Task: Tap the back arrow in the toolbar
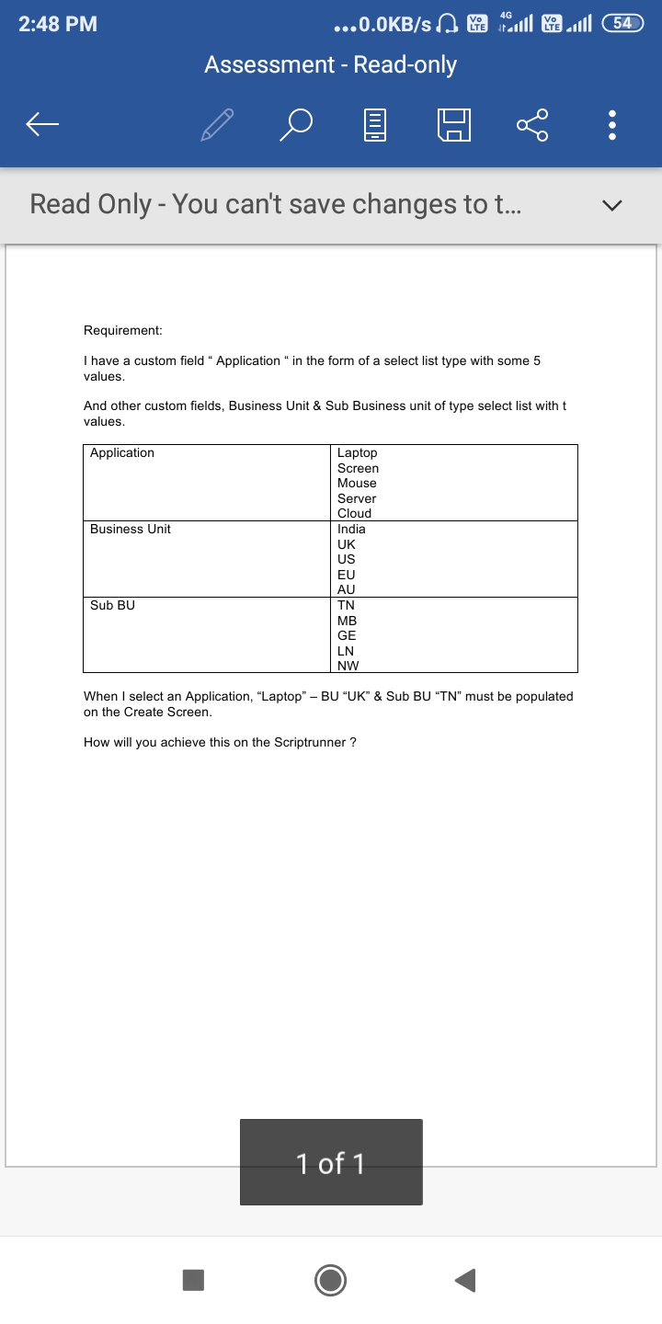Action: point(42,124)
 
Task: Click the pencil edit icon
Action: point(217,124)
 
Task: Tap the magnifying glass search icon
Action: point(296,124)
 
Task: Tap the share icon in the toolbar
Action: point(532,124)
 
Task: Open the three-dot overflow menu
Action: point(613,124)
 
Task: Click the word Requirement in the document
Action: point(122,330)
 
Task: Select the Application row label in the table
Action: point(122,452)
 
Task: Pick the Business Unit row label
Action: point(131,529)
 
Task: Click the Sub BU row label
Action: point(112,605)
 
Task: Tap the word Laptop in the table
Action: point(357,452)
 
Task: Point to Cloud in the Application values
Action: point(354,513)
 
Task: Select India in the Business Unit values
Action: point(351,529)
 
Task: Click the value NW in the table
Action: point(348,666)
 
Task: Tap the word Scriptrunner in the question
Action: point(310,742)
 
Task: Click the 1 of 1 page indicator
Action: point(331,1163)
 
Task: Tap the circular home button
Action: point(331,1279)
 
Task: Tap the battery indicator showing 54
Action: point(622,24)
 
